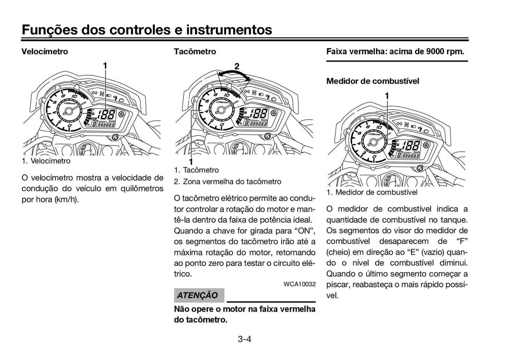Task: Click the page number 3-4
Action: tap(244, 339)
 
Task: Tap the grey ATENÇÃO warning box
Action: tap(199, 295)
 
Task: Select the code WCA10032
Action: tap(299, 284)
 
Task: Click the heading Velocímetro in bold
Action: tap(45, 51)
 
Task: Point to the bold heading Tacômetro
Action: tap(195, 51)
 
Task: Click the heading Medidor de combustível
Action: tap(372, 81)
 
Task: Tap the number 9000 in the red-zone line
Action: tap(435, 51)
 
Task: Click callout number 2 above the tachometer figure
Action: tap(237, 66)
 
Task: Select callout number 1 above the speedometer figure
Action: tap(105, 66)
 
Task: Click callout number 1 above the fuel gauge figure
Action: tap(387, 96)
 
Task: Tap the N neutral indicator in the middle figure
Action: tap(254, 93)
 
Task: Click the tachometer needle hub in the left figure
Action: tap(68, 111)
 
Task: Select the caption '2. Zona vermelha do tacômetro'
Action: tap(228, 181)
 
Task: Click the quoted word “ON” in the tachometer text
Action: tap(305, 231)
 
